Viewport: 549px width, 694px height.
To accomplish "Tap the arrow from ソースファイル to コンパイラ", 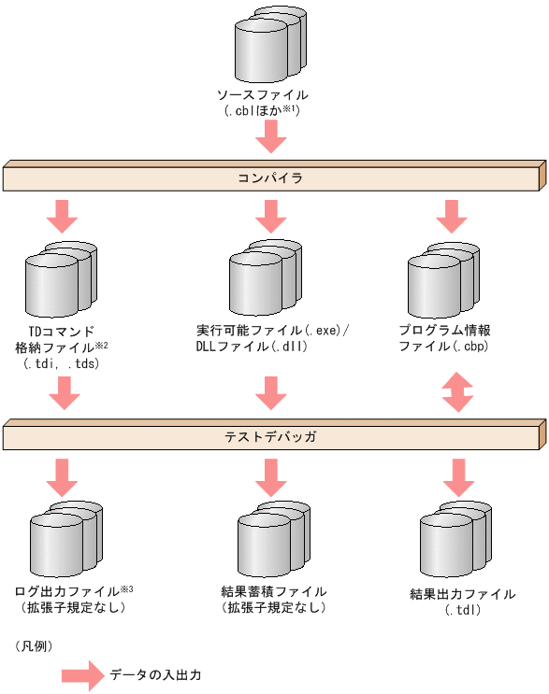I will pyautogui.click(x=271, y=137).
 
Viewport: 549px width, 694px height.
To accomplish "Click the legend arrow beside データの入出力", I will pyautogui.click(x=81, y=675).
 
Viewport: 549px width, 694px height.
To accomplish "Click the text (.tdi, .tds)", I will pyautogui.click(x=61, y=364).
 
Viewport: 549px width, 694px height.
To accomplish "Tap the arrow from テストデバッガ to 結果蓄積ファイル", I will pyautogui.click(x=271, y=475).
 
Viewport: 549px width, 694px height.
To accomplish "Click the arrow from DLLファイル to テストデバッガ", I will pyautogui.click(x=271, y=393).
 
